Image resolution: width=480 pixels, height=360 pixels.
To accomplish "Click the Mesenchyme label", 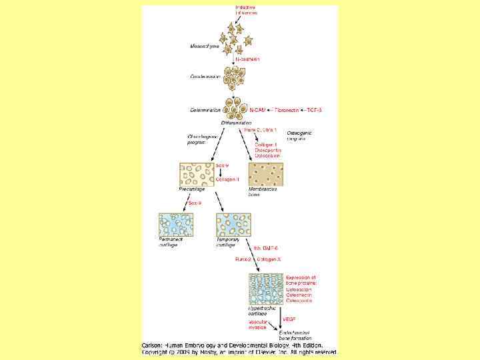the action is [205, 47].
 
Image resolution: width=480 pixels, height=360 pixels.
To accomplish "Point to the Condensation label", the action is [205, 76].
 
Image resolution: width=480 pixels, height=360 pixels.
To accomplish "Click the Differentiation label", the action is [237, 123].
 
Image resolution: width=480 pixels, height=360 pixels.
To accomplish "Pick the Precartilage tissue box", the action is [196, 174].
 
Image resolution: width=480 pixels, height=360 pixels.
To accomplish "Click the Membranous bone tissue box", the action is [265, 174].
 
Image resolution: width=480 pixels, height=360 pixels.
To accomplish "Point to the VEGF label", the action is [289, 319].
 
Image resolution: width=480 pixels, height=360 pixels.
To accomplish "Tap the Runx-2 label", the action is [242, 259].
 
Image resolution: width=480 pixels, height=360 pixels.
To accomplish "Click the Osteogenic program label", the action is [299, 135].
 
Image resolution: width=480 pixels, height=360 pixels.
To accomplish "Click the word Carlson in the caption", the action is [153, 345].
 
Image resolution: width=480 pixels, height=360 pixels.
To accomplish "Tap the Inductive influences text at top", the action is [245, 10].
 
